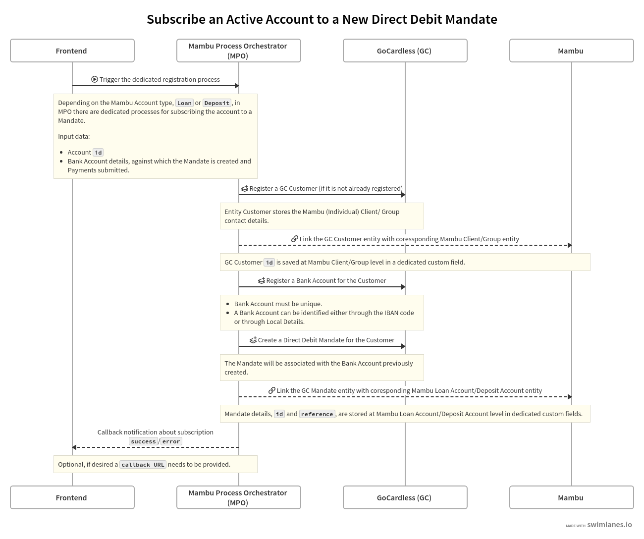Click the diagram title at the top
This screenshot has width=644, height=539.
322,19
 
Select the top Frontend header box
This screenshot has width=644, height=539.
72,51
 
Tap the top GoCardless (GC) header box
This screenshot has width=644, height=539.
405,51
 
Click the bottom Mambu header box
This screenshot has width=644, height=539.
571,497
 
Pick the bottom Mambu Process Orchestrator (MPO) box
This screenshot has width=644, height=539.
238,497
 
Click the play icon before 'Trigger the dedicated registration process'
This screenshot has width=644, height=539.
95,79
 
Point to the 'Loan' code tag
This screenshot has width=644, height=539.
184,103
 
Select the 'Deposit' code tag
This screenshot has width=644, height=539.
217,103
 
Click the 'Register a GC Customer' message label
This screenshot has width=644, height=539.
325,188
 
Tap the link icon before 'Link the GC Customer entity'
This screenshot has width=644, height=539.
295,239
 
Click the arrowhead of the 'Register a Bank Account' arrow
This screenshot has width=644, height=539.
403,287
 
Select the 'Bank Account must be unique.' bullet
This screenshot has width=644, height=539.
277,304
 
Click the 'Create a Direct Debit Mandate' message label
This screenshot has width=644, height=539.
325,340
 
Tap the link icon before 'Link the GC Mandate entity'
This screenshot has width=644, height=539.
272,390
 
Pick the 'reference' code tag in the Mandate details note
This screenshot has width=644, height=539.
317,414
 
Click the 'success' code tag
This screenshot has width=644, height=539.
143,441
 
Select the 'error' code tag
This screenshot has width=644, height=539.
171,441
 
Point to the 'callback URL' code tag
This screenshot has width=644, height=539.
143,465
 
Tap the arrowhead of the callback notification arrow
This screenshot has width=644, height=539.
74,447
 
